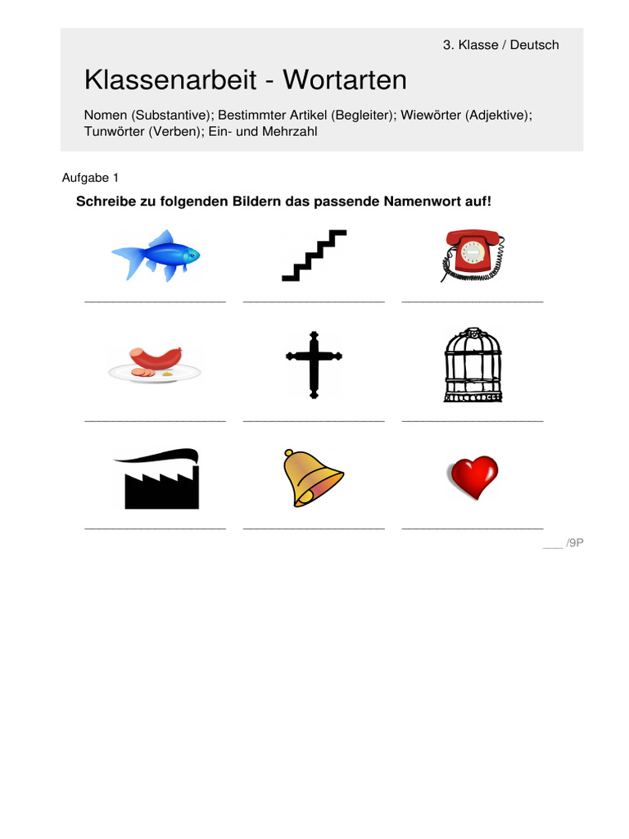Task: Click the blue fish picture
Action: click(156, 255)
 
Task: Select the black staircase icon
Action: click(314, 256)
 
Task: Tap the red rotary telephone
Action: click(473, 256)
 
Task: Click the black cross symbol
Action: click(314, 364)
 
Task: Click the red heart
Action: click(472, 478)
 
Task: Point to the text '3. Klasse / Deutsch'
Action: click(500, 45)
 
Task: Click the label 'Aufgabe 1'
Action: click(90, 178)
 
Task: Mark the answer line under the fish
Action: click(155, 302)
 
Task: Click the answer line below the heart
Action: click(472, 529)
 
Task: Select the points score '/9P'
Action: click(573, 543)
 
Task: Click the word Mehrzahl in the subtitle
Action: click(289, 131)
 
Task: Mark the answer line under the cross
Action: click(314, 421)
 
